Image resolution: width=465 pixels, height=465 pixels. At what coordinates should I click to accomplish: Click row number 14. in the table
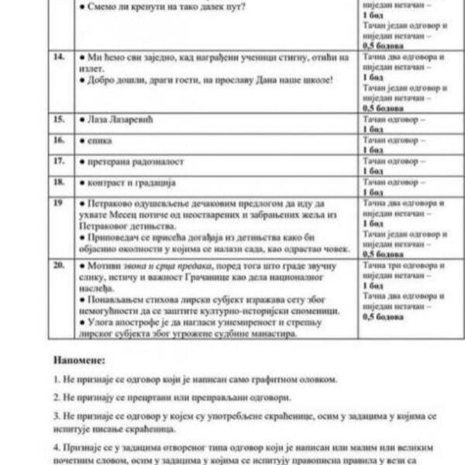click(57, 57)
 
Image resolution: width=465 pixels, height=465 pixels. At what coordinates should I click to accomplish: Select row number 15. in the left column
click(58, 121)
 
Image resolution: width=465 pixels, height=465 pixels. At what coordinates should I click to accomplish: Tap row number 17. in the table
click(58, 161)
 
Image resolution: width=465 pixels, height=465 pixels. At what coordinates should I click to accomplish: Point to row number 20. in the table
click(59, 266)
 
